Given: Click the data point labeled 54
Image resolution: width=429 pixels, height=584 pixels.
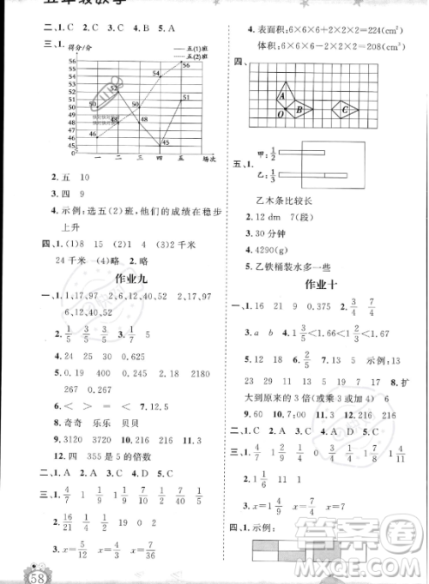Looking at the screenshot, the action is click(158, 75).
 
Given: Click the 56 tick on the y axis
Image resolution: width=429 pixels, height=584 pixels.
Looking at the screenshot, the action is click(75, 61).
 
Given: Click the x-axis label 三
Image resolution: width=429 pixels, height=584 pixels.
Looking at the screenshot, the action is click(138, 159).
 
